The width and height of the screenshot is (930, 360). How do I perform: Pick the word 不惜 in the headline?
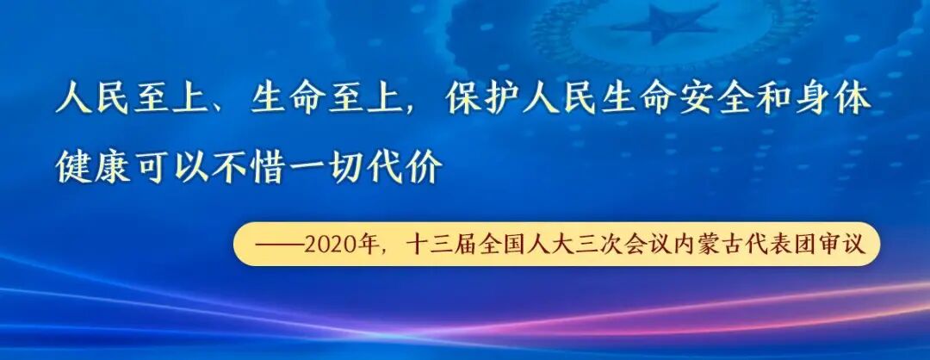pyautogui.click(x=259, y=167)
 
